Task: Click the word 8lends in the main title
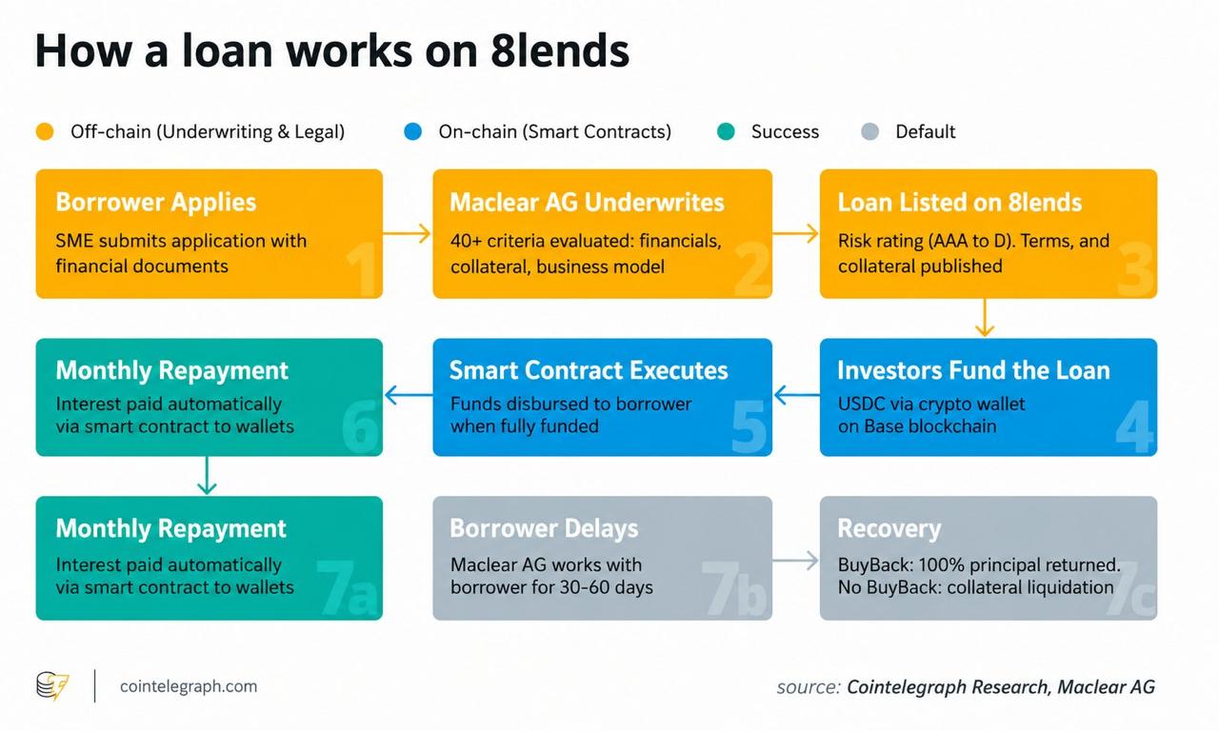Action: pyautogui.click(x=559, y=50)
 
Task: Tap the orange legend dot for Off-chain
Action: pyautogui.click(x=45, y=131)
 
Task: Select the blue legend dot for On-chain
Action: pyautogui.click(x=413, y=131)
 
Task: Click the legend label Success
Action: pyautogui.click(x=785, y=131)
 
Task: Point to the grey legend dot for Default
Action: pyautogui.click(x=869, y=131)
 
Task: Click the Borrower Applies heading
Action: pyautogui.click(x=155, y=203)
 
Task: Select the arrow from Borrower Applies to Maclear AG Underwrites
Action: pyautogui.click(x=407, y=233)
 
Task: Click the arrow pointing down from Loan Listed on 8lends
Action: pyautogui.click(x=985, y=318)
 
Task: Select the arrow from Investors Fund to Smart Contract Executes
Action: pyautogui.click(x=797, y=395)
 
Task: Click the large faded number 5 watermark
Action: pyautogui.click(x=749, y=427)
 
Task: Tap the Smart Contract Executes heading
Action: pyautogui.click(x=589, y=370)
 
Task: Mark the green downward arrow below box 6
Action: pyautogui.click(x=207, y=475)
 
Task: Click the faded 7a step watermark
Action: pyautogui.click(x=347, y=588)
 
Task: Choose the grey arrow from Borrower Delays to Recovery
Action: pyautogui.click(x=795, y=561)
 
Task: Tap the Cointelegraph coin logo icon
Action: pyautogui.click(x=52, y=685)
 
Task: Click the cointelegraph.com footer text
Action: pyautogui.click(x=189, y=686)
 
